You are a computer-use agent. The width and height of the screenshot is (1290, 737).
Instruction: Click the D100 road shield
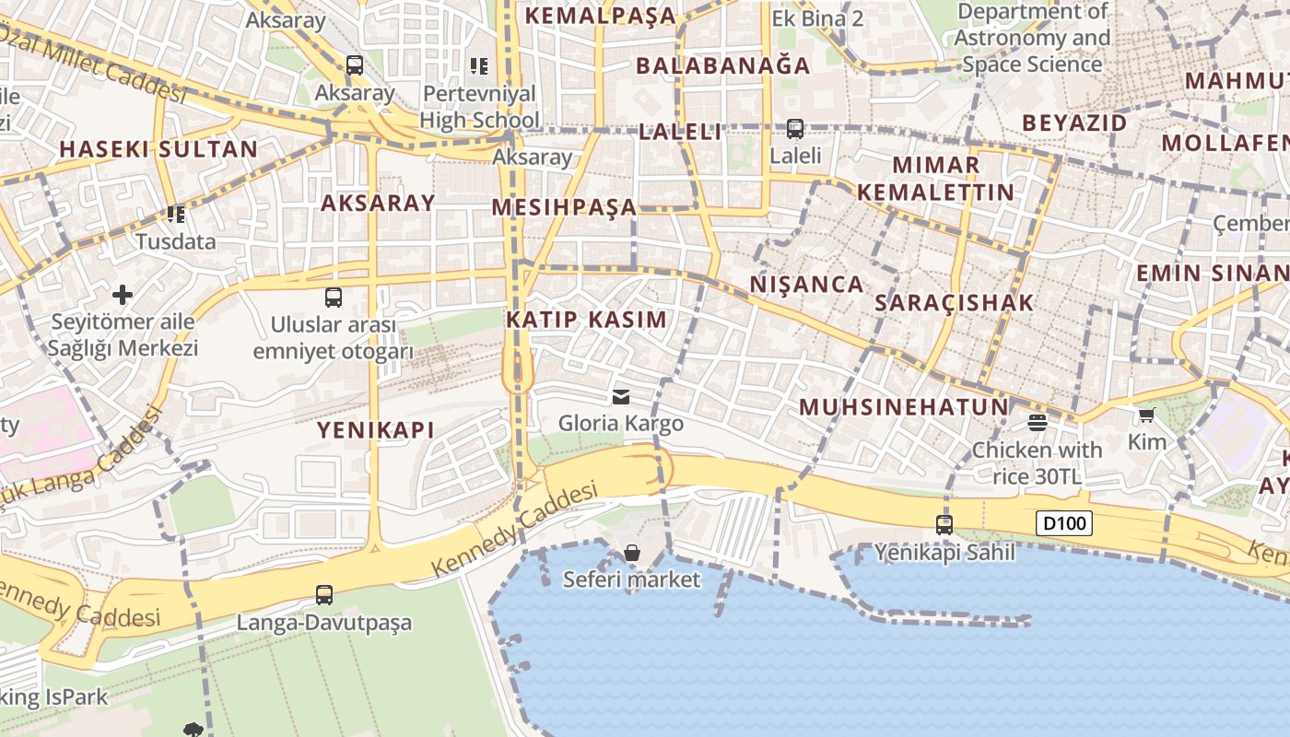[x=1064, y=524]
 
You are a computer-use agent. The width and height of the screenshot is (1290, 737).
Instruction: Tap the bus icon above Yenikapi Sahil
[x=944, y=525]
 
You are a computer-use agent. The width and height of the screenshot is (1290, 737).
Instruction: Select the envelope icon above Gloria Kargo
[x=621, y=397]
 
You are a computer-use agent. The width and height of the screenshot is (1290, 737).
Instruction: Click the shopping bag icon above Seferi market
[x=632, y=553]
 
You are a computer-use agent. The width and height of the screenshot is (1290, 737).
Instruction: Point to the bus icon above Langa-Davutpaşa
[x=324, y=595]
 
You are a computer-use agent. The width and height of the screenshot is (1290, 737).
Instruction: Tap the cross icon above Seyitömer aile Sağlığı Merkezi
[x=123, y=295]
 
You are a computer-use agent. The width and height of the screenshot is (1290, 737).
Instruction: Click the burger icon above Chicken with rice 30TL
[x=1038, y=423]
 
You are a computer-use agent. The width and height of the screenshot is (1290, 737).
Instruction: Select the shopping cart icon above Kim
[x=1146, y=415]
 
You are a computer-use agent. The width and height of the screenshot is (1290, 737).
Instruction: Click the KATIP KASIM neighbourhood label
[x=586, y=320]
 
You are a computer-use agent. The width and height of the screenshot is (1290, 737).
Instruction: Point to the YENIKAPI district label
[x=376, y=429]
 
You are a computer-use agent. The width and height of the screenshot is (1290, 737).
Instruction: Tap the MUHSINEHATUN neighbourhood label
[x=904, y=407]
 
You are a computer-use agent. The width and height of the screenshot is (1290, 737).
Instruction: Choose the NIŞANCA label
[x=806, y=284]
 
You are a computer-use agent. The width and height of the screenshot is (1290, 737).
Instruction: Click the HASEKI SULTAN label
[x=158, y=149]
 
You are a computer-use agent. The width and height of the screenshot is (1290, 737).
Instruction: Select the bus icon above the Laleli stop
[x=795, y=129]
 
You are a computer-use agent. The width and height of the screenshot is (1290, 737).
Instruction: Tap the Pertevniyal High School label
[x=479, y=107]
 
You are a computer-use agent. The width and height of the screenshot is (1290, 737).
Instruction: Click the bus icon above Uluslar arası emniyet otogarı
[x=334, y=298]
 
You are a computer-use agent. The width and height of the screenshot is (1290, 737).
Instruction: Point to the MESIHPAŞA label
[x=564, y=207]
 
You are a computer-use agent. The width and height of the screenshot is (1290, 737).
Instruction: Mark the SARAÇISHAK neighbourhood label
[x=955, y=302]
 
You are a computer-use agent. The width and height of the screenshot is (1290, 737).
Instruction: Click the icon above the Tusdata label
[x=176, y=215]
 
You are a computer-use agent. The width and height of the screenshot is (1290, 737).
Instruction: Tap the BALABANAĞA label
[x=723, y=65]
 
